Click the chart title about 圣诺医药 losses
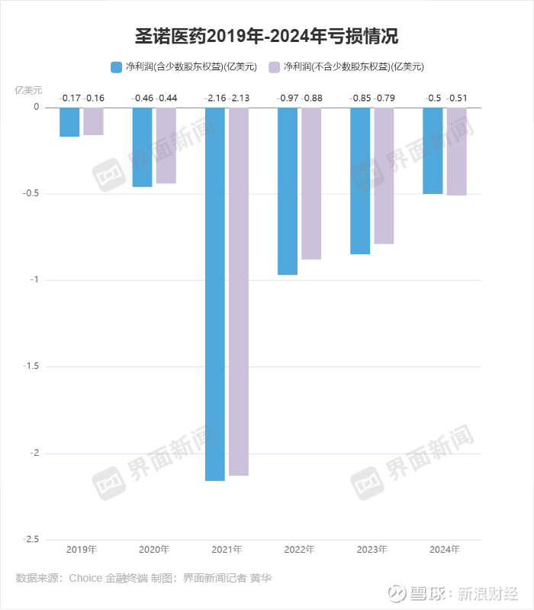click(266, 35)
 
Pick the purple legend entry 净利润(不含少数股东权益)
click(347, 66)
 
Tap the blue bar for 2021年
click(215, 294)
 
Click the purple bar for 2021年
click(239, 291)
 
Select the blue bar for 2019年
click(69, 122)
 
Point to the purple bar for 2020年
click(166, 145)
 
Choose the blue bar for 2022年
click(288, 191)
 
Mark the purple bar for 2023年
click(384, 176)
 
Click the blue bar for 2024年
click(433, 150)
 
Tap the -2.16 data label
click(215, 98)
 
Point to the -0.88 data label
click(312, 98)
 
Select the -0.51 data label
click(457, 98)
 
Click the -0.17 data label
click(70, 98)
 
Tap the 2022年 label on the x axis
click(299, 549)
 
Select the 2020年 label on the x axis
click(154, 549)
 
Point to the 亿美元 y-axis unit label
click(29, 89)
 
